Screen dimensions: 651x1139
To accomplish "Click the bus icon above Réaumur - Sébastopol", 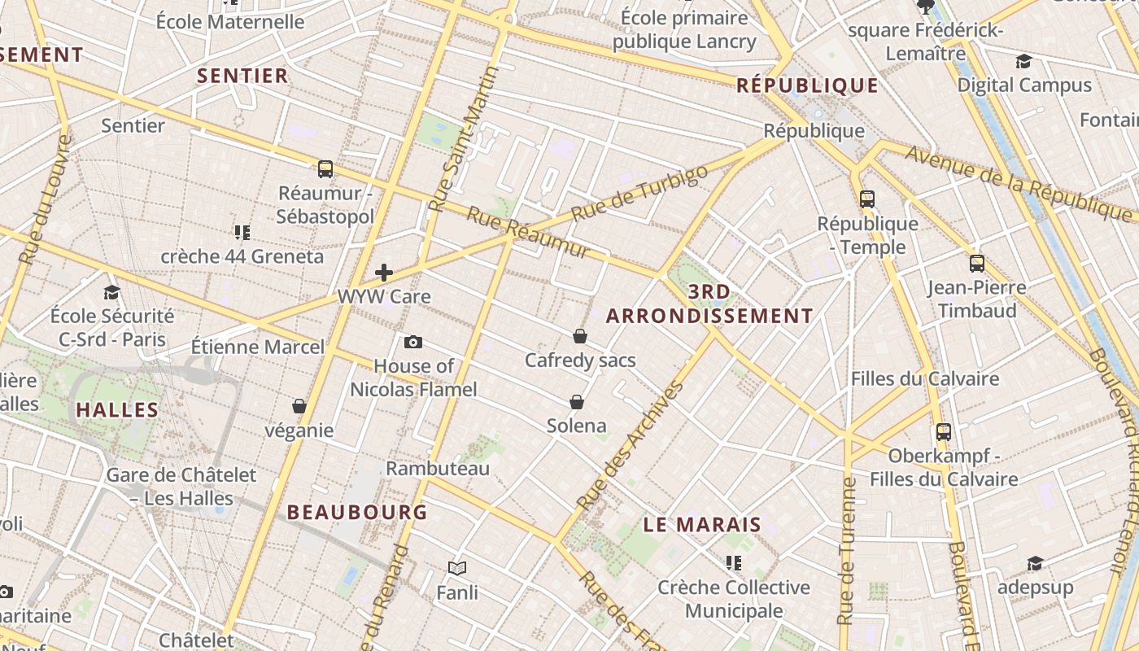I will (x=325, y=169).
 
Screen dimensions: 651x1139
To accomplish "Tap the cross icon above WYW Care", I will (x=384, y=273).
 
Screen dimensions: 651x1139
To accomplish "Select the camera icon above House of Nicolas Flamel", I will (x=413, y=342).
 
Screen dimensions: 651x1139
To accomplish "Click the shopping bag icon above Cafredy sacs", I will (x=580, y=335).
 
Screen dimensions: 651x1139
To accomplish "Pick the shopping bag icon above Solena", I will (x=577, y=401).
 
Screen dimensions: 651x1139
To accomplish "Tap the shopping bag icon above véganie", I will (x=299, y=405).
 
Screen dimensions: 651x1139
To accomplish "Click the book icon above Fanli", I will (x=457, y=568).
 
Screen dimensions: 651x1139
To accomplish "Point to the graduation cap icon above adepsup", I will (x=1035, y=563).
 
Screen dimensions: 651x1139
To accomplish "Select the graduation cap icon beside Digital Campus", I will (x=1023, y=62).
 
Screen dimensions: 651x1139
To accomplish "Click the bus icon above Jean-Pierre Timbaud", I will (x=977, y=264).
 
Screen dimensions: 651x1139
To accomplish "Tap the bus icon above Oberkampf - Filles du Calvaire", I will (x=944, y=431).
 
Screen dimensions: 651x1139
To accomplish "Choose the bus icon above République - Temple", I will (x=867, y=199).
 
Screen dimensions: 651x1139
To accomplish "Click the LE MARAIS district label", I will (x=702, y=525).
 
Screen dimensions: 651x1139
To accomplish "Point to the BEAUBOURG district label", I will (x=357, y=512).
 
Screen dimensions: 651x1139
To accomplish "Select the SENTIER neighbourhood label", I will (x=242, y=76).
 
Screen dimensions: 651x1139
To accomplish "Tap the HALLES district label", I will (x=117, y=410).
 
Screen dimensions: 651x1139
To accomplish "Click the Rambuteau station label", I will (x=438, y=469).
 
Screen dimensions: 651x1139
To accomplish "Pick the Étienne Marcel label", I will (x=257, y=347).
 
